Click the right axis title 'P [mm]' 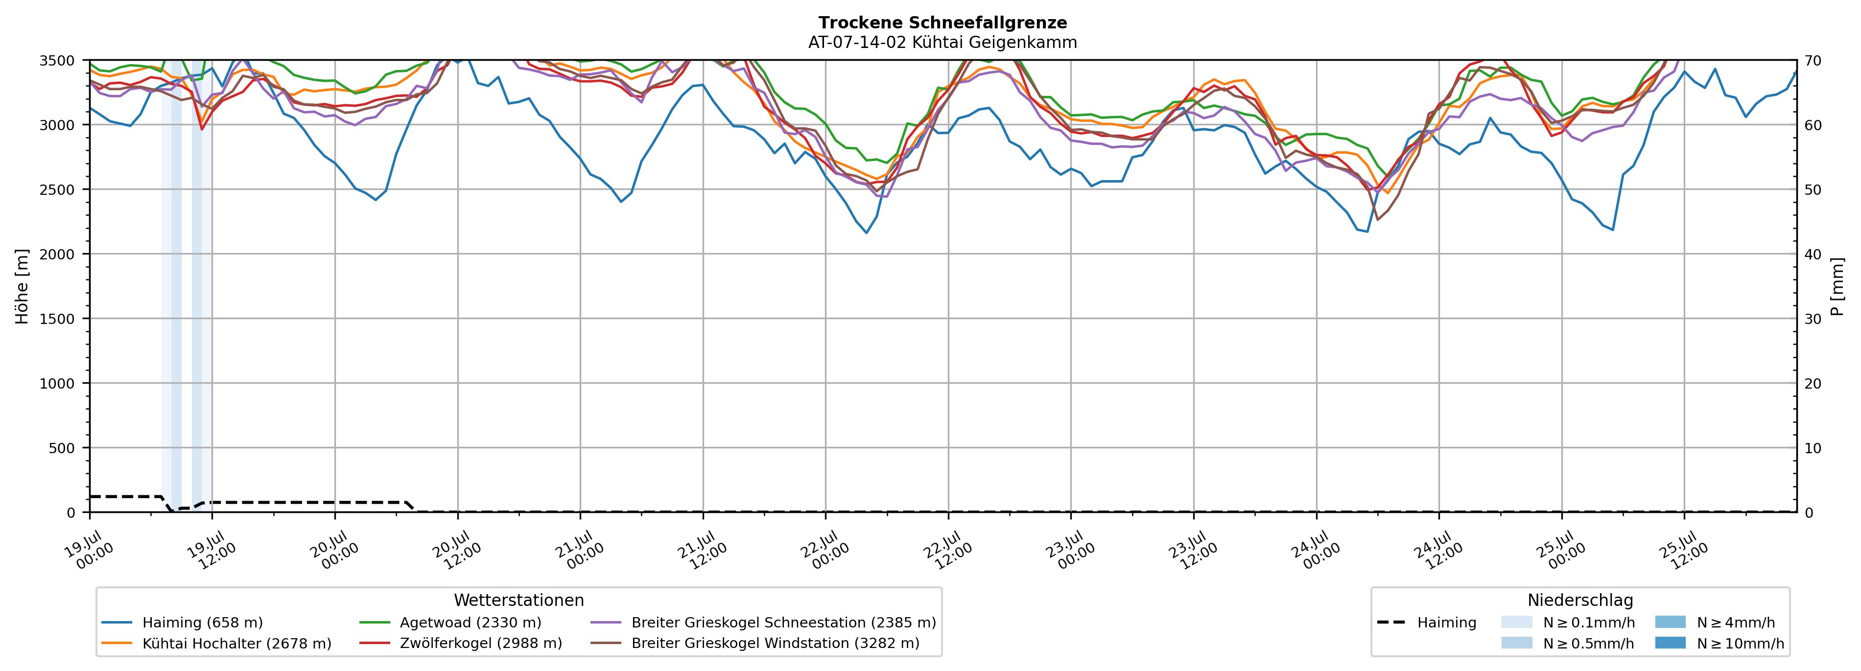coord(1838,287)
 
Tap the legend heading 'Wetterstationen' coord(518,600)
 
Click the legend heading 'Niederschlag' coord(1580,600)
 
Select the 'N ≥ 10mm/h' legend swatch coord(1670,643)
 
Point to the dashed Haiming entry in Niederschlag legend coord(1427,623)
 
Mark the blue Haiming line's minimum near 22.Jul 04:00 coord(866,232)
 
